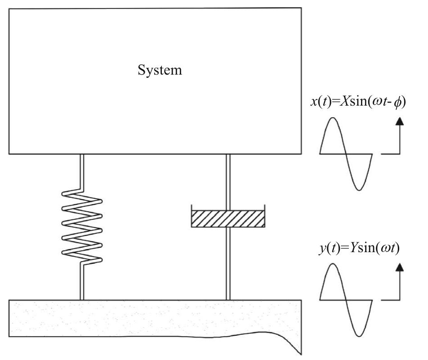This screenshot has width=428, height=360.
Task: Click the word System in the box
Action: point(160,71)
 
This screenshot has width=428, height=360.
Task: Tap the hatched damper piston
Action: point(227,218)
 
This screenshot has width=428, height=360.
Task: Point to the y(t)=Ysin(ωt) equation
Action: point(358,248)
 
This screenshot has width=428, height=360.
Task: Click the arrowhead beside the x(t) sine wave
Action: point(400,121)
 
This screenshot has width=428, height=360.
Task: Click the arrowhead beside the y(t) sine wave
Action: point(400,267)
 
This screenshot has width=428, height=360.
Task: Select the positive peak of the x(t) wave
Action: point(333,119)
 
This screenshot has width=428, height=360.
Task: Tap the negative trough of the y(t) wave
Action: point(359,335)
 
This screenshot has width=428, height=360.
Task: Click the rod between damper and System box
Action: point(228,180)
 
